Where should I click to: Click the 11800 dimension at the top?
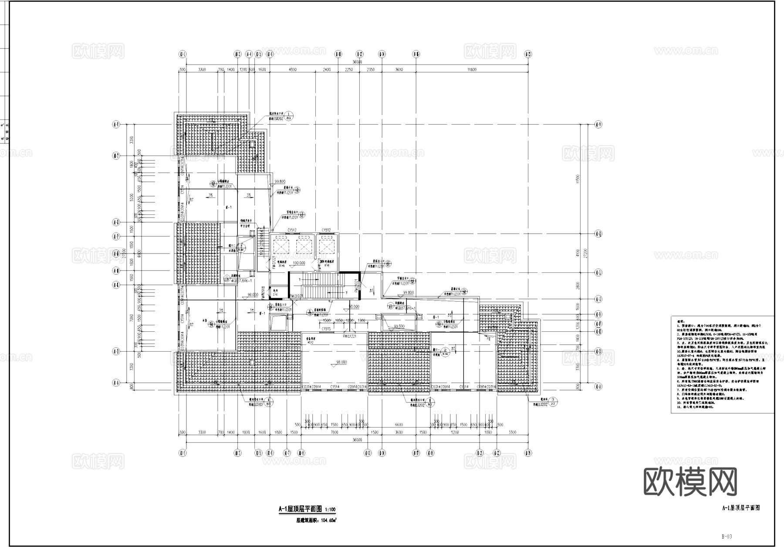click(x=472, y=70)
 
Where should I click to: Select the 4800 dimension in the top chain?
click(x=292, y=70)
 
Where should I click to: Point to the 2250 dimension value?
click(x=348, y=70)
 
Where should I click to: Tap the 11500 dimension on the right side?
click(x=578, y=179)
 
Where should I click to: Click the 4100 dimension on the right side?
click(x=578, y=253)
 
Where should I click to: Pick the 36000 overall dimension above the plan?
click(x=357, y=62)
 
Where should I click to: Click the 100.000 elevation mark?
click(x=299, y=263)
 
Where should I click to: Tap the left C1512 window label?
click(x=291, y=230)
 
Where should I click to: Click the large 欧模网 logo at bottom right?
click(x=690, y=482)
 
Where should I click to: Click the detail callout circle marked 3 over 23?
click(x=553, y=401)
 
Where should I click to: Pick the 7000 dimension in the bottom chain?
click(x=334, y=432)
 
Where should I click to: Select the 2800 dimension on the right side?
click(x=578, y=285)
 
